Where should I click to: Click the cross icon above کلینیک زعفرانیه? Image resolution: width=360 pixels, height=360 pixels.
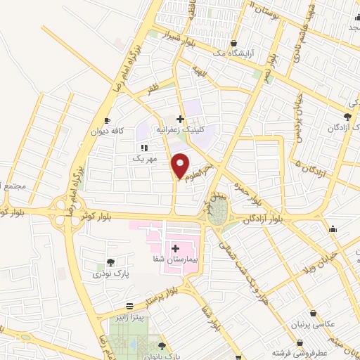click(181, 119)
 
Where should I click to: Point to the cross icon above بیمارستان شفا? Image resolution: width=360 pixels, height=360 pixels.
click(174, 248)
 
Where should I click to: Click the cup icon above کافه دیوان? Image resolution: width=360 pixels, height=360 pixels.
click(107, 120)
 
